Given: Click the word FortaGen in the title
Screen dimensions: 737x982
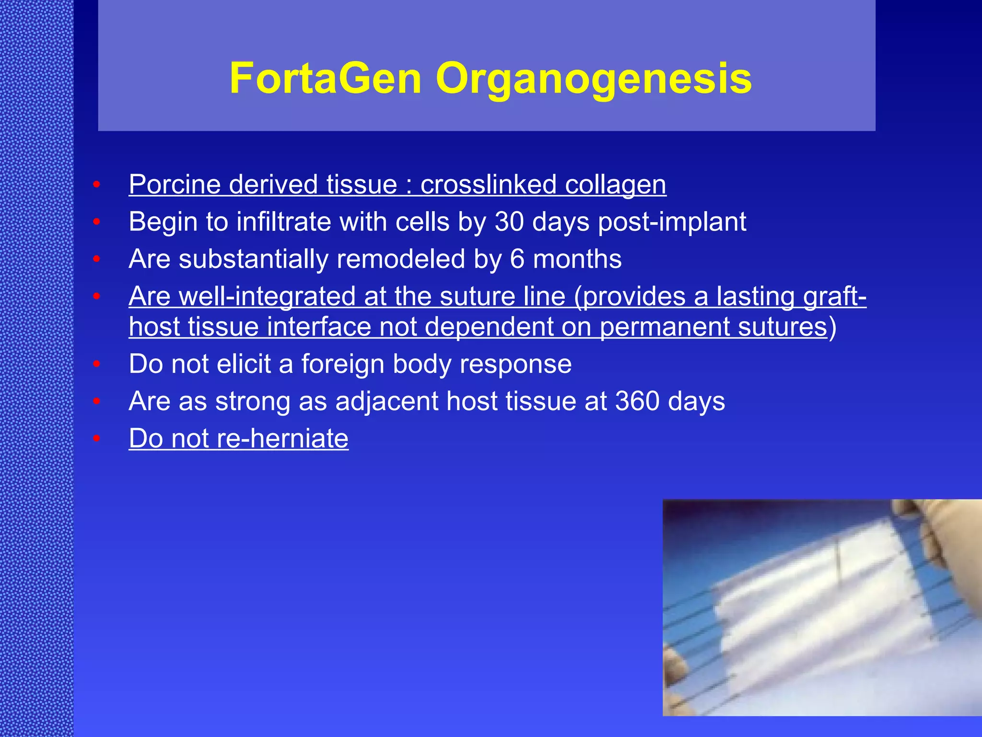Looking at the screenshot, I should point(326,78).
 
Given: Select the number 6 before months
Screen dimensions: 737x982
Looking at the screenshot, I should point(517,259).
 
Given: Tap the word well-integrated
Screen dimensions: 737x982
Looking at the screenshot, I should point(267,297).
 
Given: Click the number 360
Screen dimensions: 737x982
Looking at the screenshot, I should point(637,401).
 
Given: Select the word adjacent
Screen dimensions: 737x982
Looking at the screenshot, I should point(386,402).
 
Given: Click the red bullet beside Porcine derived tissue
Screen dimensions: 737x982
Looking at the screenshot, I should point(96,185).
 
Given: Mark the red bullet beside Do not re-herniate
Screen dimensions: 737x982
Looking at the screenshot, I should point(96,438).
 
